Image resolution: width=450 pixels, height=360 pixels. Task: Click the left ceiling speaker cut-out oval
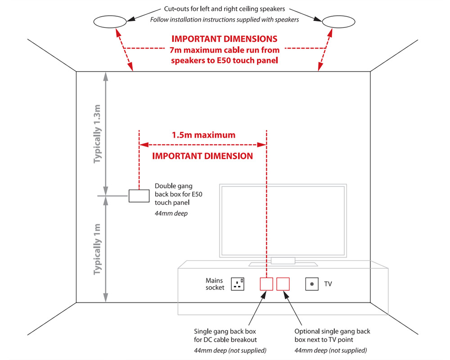[x=110, y=21]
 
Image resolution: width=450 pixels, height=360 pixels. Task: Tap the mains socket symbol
[x=238, y=284]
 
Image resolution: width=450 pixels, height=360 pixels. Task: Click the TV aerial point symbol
[x=312, y=284]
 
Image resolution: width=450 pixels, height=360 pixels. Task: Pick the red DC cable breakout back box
[x=266, y=284]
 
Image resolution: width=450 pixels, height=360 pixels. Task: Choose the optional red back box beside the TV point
[x=283, y=284]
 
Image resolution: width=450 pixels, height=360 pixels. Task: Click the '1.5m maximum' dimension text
[x=203, y=135]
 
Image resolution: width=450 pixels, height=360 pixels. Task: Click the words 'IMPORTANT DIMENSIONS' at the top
[x=224, y=39]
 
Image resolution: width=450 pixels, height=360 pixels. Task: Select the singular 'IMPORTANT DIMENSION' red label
[x=202, y=156]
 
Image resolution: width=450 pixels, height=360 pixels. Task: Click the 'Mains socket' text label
[x=215, y=284]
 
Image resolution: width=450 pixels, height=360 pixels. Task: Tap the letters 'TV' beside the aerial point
[x=328, y=284]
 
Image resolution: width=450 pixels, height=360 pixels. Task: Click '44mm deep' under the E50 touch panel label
[x=171, y=213]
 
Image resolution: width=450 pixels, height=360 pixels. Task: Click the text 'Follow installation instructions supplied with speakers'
[x=225, y=19]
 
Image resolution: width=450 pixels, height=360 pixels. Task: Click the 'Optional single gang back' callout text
[x=332, y=331]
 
